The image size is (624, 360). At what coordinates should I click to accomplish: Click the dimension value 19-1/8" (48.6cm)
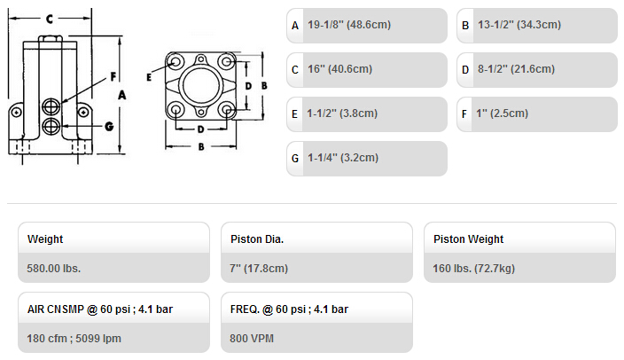pos(349,25)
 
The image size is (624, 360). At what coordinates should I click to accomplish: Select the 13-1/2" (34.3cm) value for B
pos(519,25)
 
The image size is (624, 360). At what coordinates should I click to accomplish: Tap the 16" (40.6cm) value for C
pos(339,69)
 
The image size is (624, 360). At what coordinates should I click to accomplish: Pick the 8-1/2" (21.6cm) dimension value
pos(516,69)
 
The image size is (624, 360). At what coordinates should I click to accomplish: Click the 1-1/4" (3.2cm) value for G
pos(343,158)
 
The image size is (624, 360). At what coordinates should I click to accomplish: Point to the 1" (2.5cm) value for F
pos(503,113)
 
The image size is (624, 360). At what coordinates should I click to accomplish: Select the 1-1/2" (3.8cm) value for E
pos(342,113)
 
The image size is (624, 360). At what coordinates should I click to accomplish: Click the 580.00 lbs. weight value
pos(54,269)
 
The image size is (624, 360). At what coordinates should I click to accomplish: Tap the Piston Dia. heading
pos(257,239)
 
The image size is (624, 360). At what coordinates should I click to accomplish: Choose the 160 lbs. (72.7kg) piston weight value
pos(474,269)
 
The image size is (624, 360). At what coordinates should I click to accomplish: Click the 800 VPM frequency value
pos(252,339)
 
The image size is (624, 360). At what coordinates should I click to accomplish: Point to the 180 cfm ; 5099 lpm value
pos(74,339)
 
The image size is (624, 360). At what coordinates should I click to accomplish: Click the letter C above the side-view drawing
pos(50,19)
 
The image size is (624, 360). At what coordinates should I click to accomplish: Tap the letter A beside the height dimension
pos(121,95)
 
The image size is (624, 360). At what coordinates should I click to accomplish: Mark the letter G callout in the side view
pos(109,127)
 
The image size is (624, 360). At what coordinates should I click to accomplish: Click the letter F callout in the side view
pos(113,76)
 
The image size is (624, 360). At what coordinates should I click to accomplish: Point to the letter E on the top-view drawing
pos(149,77)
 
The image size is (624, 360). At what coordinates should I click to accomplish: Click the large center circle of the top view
pos(201,67)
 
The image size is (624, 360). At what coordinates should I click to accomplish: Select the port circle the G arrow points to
pos(51,126)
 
